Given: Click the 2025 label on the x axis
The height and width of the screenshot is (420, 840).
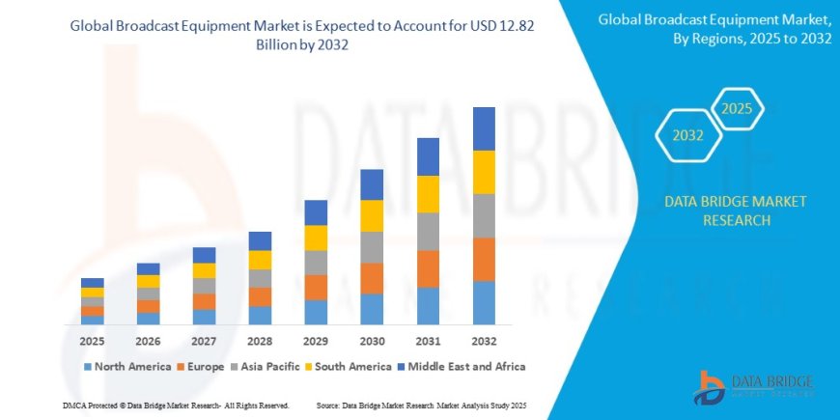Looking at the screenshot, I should tap(93, 341).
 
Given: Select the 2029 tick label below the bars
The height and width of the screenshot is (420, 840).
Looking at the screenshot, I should tap(316, 341).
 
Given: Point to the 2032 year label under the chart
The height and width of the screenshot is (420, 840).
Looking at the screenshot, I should tap(484, 341).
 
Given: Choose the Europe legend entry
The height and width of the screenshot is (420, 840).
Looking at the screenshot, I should tap(200, 367).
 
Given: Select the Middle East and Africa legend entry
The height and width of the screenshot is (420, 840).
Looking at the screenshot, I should tap(460, 367).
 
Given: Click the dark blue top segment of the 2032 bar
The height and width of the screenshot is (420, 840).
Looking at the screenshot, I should tap(484, 128).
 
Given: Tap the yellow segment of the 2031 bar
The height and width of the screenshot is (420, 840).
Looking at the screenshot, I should tap(428, 194).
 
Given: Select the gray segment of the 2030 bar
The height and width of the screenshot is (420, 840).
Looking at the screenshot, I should tap(372, 247).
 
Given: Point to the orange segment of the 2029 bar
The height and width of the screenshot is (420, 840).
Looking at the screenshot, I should tap(316, 287).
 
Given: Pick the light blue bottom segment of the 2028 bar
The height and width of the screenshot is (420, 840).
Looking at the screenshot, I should tap(260, 315).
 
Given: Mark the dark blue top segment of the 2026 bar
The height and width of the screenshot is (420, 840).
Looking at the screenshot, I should tap(148, 268).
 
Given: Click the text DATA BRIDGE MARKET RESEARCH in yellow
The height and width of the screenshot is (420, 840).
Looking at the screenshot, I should tap(736, 210).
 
